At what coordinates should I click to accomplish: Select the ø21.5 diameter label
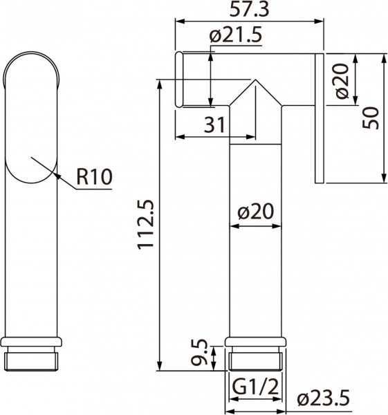coord(234,36)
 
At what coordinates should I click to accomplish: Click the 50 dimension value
coord(372,118)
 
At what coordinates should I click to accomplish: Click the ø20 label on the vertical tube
coord(255,212)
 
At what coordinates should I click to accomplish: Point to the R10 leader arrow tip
coord(31,158)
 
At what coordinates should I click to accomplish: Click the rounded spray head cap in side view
coord(179,80)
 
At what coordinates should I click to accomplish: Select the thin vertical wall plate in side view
coord(320,118)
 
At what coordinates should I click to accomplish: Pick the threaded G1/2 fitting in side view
coord(255,358)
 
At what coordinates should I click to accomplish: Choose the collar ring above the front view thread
coord(33,342)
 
